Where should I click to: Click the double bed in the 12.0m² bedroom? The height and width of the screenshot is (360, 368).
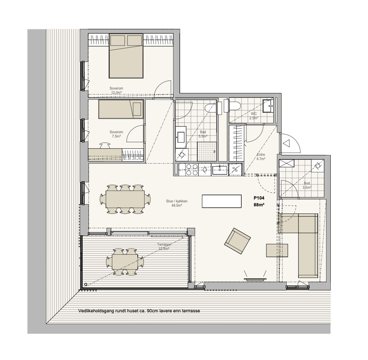126,56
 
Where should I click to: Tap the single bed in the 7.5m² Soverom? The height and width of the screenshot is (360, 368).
121,109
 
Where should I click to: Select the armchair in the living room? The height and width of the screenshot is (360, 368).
237,241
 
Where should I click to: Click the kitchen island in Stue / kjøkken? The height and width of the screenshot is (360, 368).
222,201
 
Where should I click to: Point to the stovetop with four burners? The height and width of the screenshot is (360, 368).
192,169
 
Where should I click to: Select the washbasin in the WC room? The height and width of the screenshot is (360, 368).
268,106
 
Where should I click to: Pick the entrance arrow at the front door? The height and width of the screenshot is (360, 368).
287,143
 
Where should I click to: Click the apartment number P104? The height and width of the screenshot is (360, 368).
259,198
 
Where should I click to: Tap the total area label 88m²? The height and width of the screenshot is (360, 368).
259,205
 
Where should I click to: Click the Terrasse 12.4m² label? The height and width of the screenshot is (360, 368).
164,246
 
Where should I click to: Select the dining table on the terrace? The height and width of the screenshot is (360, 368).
125,262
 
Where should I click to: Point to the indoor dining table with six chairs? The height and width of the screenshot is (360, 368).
125,199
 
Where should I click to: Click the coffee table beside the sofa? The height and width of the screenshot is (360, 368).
277,250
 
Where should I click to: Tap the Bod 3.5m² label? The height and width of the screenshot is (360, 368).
307,185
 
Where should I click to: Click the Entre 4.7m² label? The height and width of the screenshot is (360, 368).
261,157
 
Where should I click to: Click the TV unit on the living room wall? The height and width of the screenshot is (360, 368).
255,279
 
